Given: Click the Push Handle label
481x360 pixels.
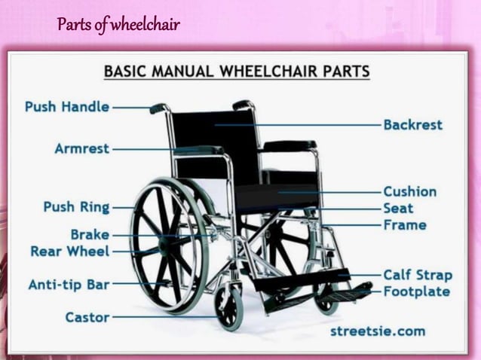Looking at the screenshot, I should tap(66, 108).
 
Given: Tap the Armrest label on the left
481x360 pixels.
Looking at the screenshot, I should tap(81, 148).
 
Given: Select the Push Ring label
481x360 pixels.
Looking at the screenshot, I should tap(76, 206).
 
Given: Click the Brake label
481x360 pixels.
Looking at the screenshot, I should tap(90, 235).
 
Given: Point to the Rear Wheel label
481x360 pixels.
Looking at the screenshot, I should tap(69, 252).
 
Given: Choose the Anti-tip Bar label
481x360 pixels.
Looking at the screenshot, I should tap(69, 285).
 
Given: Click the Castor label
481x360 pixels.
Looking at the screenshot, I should tap(87, 317).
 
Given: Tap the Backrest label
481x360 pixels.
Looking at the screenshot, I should tap(412, 125).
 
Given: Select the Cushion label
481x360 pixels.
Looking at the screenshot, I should tap(409, 192).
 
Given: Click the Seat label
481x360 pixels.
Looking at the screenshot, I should tap(398, 209).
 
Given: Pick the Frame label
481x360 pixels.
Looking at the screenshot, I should tap(404, 224).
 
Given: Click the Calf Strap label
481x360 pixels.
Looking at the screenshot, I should tap(417, 275).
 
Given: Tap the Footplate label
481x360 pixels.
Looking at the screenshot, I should tap(416, 291).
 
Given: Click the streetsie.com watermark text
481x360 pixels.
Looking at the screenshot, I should tap(377, 331).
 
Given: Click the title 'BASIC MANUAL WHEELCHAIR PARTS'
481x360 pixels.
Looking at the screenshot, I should tap(236, 73).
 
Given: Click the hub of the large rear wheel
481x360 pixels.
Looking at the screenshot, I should tap(168, 243).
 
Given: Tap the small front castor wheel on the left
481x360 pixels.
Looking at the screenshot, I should tap(229, 307).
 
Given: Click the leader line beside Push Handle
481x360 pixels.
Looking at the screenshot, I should tap(132, 108).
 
